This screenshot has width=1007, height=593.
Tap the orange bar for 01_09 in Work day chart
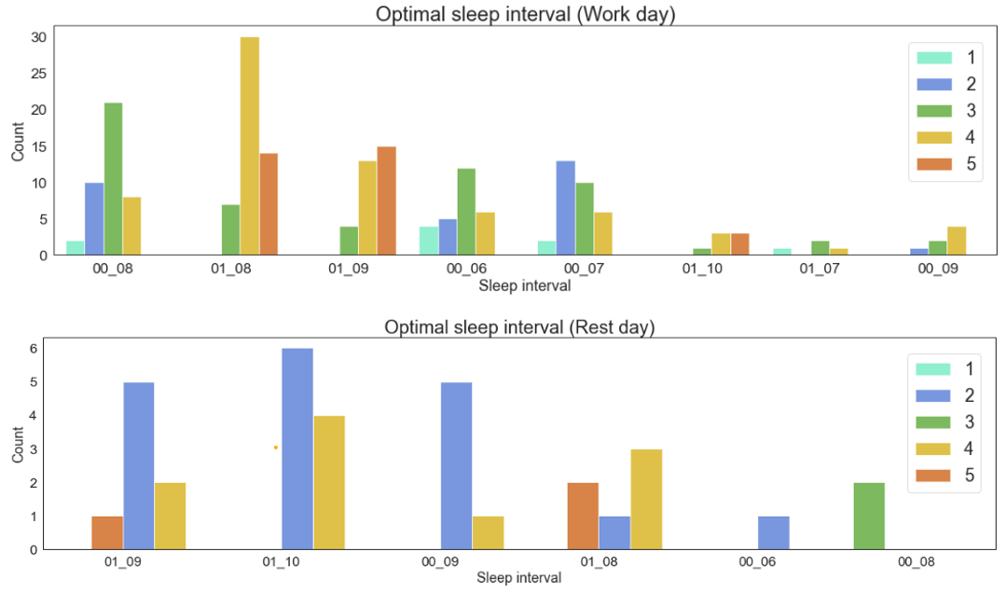tap(386, 200)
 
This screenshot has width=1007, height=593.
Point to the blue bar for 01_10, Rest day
tap(297, 448)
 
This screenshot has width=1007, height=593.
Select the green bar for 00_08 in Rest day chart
tap(869, 516)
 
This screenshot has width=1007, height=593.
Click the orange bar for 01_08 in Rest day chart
tap(583, 516)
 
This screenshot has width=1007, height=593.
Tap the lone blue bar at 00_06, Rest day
tap(774, 532)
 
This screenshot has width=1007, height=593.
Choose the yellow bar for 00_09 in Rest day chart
tap(488, 532)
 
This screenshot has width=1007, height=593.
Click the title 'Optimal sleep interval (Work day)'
tap(525, 14)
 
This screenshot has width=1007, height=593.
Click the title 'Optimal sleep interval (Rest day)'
tap(520, 327)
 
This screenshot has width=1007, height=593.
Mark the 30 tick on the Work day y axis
tap(38, 37)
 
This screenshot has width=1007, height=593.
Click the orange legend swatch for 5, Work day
tap(934, 164)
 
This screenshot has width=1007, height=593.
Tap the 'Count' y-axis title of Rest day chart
tap(18, 446)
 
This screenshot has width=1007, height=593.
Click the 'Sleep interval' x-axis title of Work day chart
tap(525, 285)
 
